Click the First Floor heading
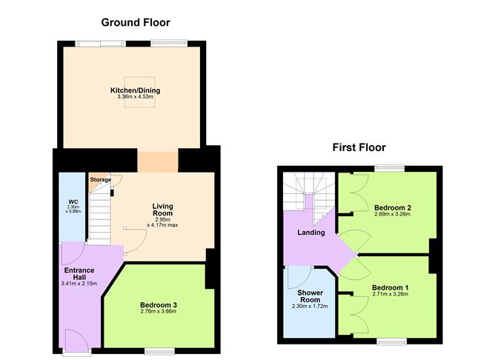pos(358,147)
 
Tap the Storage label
pos(101,180)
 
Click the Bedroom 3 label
pos(158,304)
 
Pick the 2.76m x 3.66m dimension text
pos(158,312)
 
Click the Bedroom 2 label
pos(392,207)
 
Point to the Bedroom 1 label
pos(390,287)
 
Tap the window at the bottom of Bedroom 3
pos(159,349)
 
